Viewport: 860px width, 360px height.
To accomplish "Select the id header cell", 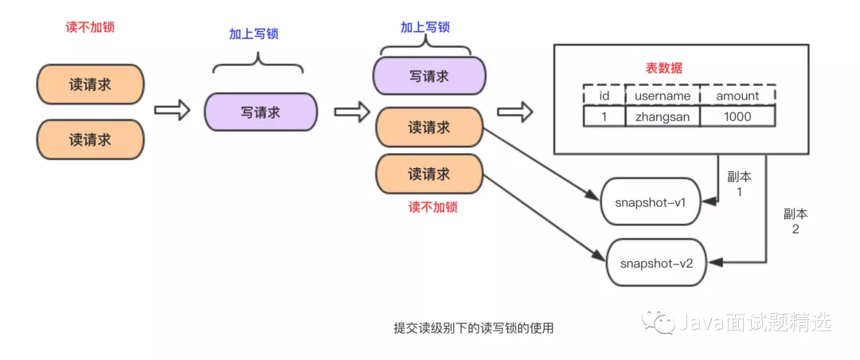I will [x=604, y=96].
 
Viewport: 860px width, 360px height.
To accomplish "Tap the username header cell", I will [x=663, y=96].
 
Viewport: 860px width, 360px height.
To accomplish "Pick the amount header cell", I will [x=737, y=96].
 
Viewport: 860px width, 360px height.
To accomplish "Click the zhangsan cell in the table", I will [x=663, y=116].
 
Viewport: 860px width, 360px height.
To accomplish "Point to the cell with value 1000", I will [x=737, y=116].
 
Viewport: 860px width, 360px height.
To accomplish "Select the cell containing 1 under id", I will [x=604, y=116].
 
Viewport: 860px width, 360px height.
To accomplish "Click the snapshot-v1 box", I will [x=651, y=202].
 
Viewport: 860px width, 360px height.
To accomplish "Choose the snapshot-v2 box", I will [x=656, y=262].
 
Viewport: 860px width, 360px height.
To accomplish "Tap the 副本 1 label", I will [x=740, y=183].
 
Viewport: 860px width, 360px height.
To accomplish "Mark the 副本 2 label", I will [x=795, y=221].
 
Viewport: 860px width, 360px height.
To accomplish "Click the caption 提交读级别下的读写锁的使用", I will [x=473, y=327].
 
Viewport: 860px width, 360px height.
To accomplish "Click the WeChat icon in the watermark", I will [x=661, y=322].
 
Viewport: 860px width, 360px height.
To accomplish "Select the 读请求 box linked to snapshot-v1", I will [x=428, y=127].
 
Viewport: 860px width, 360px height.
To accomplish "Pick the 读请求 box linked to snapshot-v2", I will [x=428, y=174].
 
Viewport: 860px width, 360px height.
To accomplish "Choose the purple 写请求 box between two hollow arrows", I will [x=260, y=112].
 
